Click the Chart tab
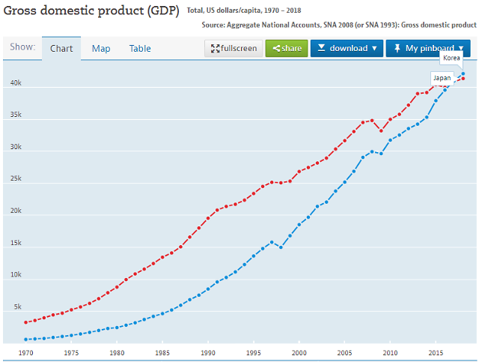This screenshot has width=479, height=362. click(x=61, y=49)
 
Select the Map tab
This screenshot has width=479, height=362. click(x=101, y=49)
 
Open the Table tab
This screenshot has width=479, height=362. click(x=140, y=49)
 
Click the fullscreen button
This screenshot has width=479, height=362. click(x=234, y=49)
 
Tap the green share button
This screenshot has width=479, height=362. click(x=287, y=49)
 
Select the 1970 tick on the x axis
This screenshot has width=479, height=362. click(x=25, y=352)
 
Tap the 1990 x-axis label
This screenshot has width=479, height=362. click(x=208, y=352)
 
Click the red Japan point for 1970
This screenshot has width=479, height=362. click(x=25, y=322)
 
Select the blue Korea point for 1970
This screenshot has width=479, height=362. click(x=25, y=340)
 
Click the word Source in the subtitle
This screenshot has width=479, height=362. click(x=216, y=25)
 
